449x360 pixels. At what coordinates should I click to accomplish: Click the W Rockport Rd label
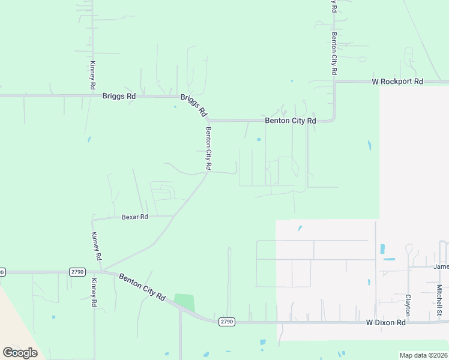(397, 81)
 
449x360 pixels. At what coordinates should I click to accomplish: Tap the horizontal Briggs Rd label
(119, 95)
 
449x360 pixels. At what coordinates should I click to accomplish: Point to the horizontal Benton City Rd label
(291, 121)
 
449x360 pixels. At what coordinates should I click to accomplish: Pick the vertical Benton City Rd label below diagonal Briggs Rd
(209, 148)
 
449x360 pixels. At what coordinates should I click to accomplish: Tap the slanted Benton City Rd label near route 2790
(142, 287)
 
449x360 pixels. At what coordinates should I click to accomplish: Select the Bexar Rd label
(134, 217)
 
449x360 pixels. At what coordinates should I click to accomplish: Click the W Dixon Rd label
(386, 322)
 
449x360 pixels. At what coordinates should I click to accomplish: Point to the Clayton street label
(408, 305)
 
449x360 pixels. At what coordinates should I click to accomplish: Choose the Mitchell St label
(439, 300)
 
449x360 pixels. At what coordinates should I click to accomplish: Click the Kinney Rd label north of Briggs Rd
(92, 75)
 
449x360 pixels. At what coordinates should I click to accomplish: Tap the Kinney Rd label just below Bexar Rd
(96, 246)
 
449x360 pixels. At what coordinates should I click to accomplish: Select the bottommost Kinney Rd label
(94, 292)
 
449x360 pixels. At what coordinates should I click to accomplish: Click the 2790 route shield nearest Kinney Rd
(77, 271)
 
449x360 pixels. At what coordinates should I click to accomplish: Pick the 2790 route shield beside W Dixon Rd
(226, 322)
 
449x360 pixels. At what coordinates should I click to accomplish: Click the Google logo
(20, 352)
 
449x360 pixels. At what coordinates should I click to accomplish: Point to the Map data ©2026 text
(423, 355)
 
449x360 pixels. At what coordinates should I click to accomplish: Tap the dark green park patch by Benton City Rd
(185, 302)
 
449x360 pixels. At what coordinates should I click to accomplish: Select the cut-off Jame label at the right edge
(441, 266)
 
